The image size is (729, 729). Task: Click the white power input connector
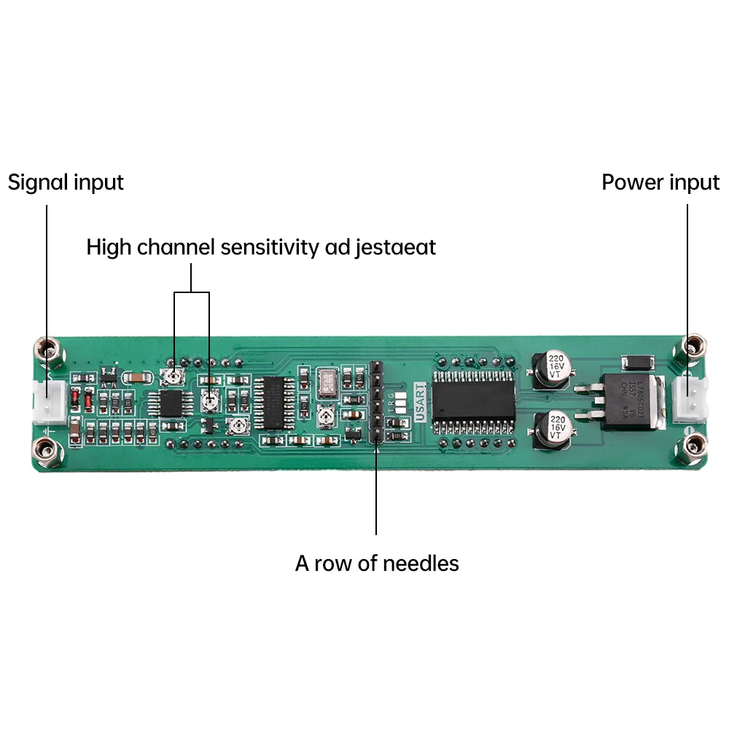coord(688,398)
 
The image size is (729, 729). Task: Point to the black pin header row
coord(375,402)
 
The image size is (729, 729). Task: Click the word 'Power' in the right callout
coord(631,182)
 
